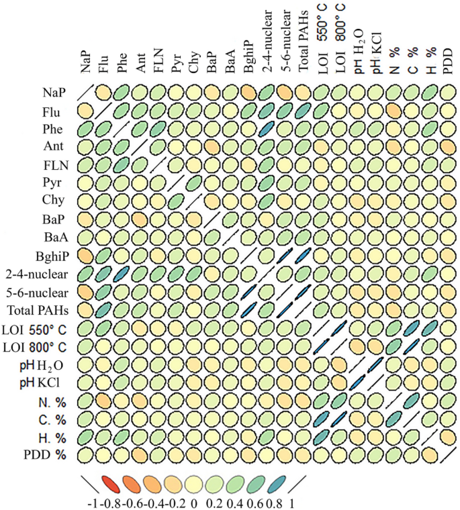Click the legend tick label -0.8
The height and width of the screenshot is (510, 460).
[110, 501]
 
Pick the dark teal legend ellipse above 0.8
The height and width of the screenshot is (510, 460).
[275, 482]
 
